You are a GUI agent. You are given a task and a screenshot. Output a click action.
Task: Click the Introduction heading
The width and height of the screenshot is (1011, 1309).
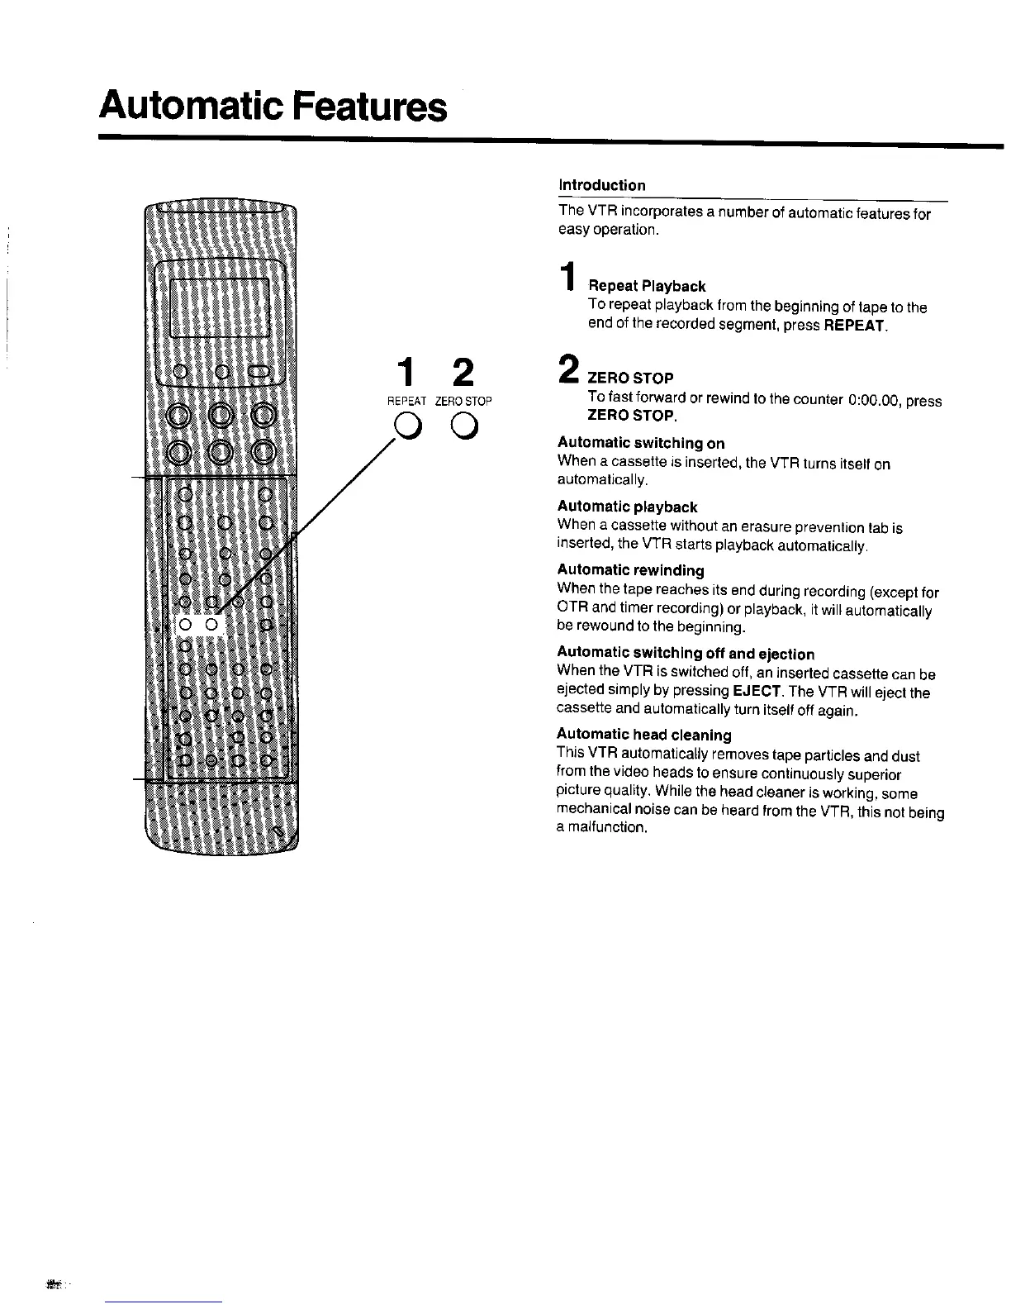(601, 185)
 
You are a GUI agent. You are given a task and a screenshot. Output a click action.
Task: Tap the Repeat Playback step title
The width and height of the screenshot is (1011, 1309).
(647, 287)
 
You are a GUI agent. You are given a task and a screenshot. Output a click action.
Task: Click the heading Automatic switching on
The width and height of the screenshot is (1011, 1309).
(641, 444)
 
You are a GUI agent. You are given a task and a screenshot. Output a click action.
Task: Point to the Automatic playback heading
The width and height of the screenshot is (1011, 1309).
(627, 507)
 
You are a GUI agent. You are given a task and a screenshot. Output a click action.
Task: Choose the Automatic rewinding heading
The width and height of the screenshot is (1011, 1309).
(630, 570)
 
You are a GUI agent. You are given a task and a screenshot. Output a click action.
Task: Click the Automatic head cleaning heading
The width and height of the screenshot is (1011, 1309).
(644, 735)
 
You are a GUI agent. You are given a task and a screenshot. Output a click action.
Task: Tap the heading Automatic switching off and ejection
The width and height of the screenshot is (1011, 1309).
(686, 654)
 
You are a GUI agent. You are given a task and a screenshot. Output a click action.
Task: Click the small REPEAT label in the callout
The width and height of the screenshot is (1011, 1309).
(406, 401)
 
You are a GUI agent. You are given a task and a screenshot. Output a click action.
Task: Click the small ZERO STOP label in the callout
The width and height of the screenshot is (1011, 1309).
(463, 401)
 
